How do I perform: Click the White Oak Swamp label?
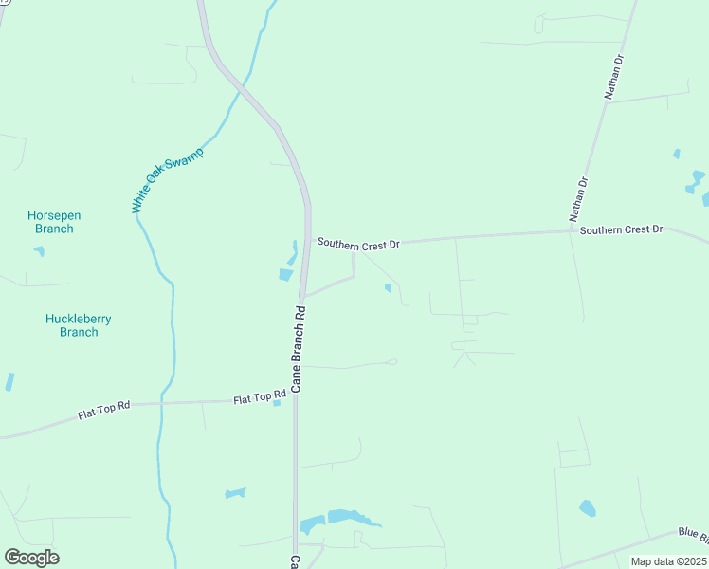(168, 180)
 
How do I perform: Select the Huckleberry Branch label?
(79, 325)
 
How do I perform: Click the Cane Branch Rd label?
(298, 349)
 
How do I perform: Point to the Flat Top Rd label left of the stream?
(103, 413)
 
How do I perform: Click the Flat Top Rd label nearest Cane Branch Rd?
(260, 398)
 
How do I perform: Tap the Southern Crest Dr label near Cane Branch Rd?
(358, 244)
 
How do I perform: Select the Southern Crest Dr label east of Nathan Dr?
(621, 230)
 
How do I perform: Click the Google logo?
(31, 558)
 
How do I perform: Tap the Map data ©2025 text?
(667, 561)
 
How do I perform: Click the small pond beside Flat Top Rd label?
(277, 403)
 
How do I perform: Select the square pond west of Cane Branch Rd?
(285, 275)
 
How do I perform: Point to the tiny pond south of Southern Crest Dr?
(388, 288)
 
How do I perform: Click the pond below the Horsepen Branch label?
(39, 251)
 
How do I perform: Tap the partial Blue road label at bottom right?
(693, 534)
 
